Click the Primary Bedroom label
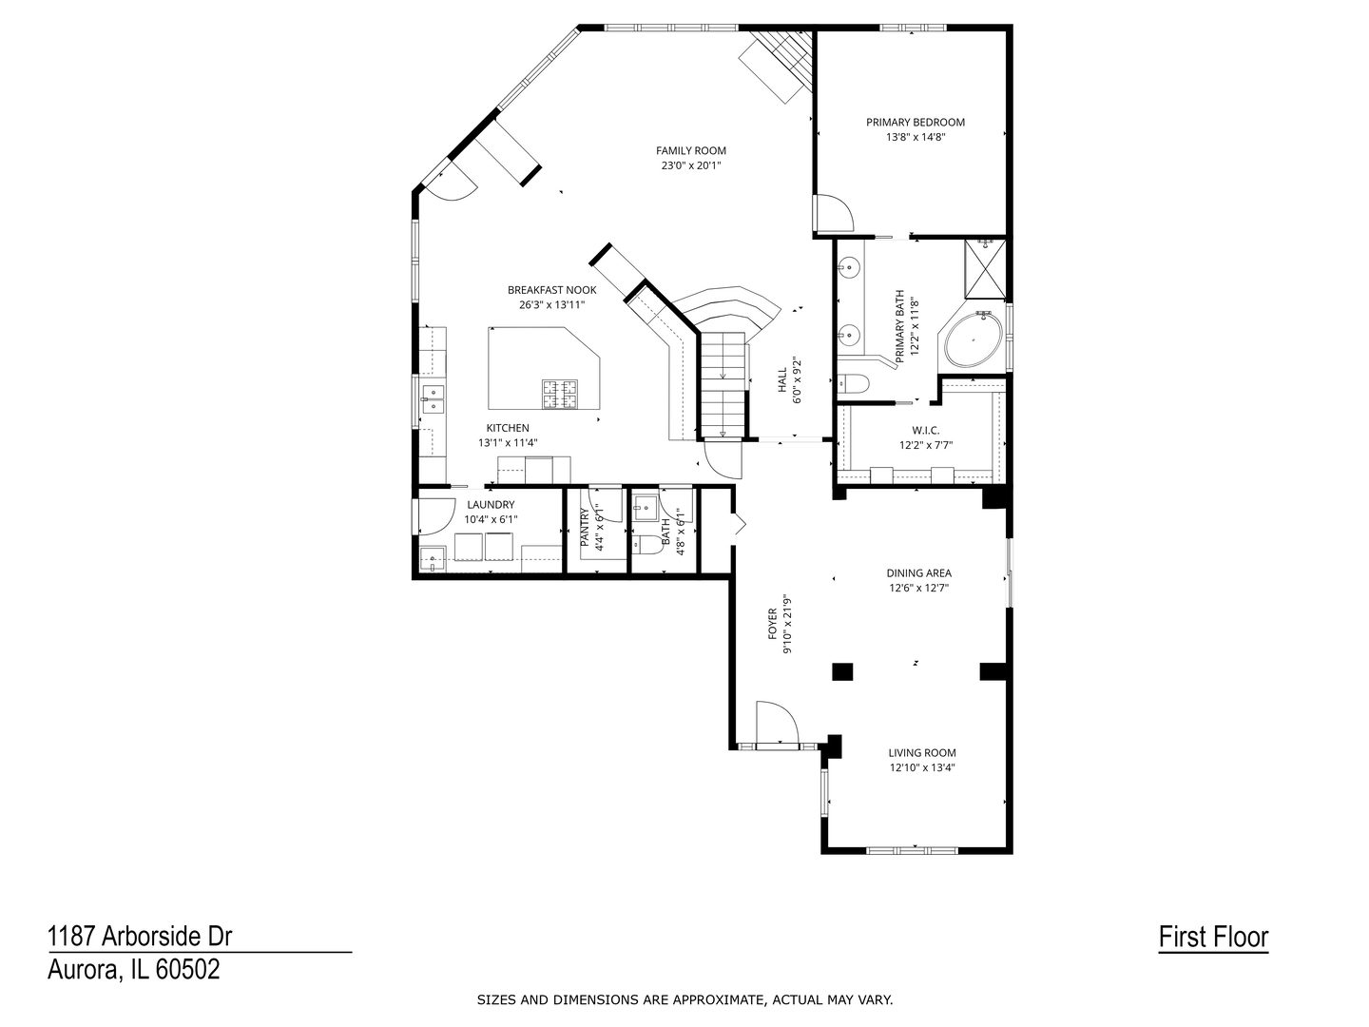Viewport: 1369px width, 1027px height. (x=915, y=122)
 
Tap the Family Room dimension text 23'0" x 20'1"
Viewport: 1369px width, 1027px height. (x=691, y=165)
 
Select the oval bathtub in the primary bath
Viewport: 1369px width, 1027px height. (x=972, y=339)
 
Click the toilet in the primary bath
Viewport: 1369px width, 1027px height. (x=854, y=384)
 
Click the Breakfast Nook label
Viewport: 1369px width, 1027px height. (x=551, y=290)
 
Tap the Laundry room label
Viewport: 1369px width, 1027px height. (x=491, y=505)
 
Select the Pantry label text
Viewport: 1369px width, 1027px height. (x=585, y=528)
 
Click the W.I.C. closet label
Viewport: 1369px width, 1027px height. (x=925, y=431)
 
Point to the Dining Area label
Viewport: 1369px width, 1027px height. (x=918, y=573)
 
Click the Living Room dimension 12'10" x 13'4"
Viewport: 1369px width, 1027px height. (x=922, y=767)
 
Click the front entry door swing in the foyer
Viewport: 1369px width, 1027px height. (x=775, y=723)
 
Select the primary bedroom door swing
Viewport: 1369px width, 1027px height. (x=833, y=214)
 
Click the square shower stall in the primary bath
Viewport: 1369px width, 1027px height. (x=985, y=269)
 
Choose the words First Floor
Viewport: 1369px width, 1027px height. (x=1213, y=938)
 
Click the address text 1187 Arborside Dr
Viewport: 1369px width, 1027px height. (x=140, y=937)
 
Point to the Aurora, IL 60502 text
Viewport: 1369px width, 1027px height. (x=134, y=970)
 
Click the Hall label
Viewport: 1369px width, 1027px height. (x=782, y=380)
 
